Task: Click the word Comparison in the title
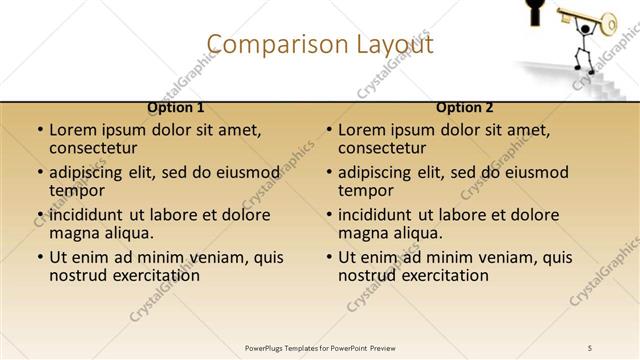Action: (264, 44)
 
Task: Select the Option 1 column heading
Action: (176, 107)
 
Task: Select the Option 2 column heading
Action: (465, 107)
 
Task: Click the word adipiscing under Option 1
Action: (92, 172)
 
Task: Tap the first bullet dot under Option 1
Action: (40, 131)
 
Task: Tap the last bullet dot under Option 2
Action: (329, 258)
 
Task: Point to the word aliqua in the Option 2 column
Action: (420, 233)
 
